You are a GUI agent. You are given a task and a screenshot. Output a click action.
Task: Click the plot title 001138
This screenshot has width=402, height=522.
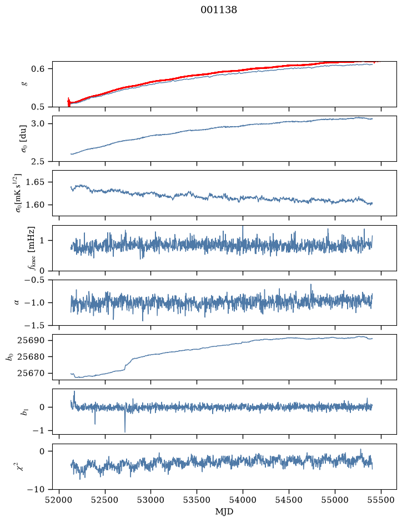click(x=218, y=10)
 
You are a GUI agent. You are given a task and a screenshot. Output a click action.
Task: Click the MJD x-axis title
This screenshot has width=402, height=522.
click(x=224, y=511)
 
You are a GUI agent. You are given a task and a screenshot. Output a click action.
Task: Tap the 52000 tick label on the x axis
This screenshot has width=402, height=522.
click(x=59, y=500)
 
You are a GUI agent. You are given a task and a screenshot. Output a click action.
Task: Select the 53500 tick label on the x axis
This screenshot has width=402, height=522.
click(x=197, y=500)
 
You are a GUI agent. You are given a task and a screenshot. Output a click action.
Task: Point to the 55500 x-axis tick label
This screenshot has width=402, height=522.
click(x=381, y=500)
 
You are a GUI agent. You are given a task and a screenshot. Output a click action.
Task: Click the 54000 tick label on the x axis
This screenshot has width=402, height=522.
click(x=243, y=500)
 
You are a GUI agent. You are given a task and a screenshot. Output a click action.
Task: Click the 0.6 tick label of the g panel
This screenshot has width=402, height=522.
click(x=38, y=69)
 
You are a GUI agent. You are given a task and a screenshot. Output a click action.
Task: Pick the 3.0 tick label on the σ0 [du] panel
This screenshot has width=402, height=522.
click(x=38, y=124)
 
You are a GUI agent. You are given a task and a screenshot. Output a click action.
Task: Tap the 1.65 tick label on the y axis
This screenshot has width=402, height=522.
click(x=36, y=182)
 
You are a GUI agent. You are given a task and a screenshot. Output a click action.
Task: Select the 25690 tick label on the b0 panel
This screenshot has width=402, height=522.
click(x=31, y=341)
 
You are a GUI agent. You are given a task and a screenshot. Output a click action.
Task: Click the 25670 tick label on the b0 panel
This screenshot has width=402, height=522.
click(x=31, y=373)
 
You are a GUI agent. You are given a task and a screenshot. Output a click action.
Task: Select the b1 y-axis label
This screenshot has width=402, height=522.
click(x=24, y=412)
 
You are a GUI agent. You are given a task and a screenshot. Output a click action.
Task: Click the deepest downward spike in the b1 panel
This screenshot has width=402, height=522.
click(x=125, y=431)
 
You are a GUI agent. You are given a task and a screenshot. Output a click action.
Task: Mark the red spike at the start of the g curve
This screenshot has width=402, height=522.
click(x=69, y=102)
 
